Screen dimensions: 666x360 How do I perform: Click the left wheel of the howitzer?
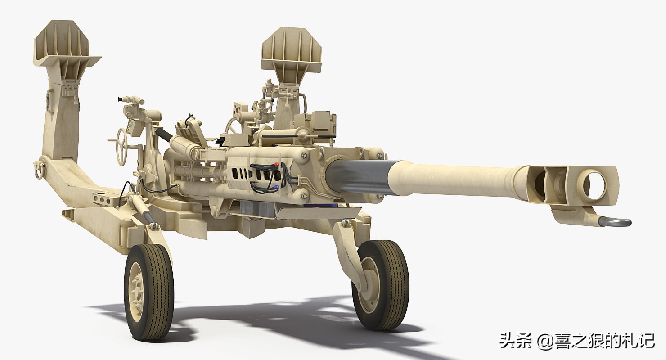coord(149,293)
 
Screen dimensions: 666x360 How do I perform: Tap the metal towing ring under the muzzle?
coord(614,222)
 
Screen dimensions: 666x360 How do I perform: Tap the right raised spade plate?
coord(292,50)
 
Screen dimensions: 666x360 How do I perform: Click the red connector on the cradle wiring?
coord(276,164)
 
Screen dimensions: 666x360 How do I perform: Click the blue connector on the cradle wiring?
coord(276,187)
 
